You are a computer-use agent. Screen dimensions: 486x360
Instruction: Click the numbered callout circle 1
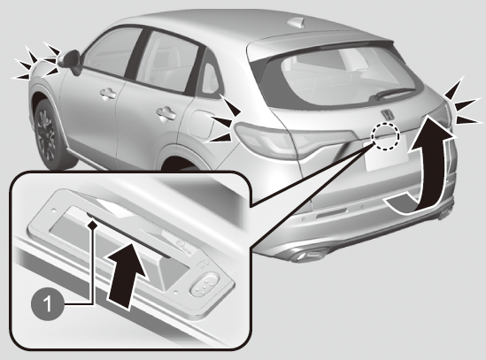click(x=48, y=304)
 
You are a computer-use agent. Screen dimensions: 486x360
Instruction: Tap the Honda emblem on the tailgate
click(x=388, y=114)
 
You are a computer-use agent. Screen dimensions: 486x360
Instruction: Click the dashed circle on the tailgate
click(x=386, y=135)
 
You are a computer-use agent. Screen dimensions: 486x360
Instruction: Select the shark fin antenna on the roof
click(x=297, y=22)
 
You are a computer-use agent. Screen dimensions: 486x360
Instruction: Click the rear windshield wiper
click(x=394, y=93)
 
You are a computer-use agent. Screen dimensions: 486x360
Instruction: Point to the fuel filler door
click(x=201, y=124)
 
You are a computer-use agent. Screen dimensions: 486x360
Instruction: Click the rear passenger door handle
click(x=166, y=114)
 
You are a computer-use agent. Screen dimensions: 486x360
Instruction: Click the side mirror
click(x=71, y=60)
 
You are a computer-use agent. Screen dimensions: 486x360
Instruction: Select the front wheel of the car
click(x=50, y=134)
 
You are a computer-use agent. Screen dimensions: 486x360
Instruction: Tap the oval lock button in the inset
click(x=205, y=284)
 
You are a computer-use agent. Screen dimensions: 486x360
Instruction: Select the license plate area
click(x=386, y=154)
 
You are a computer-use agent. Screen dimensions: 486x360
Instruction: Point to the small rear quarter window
click(x=210, y=78)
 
